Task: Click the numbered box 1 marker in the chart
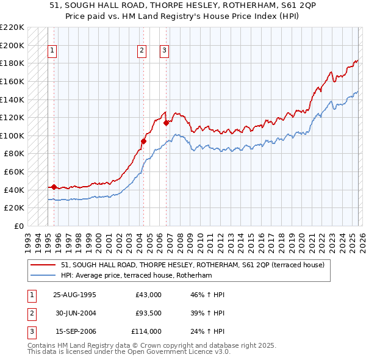pyautogui.click(x=53, y=51)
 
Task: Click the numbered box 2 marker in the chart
pyautogui.click(x=142, y=51)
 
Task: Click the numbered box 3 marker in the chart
pyautogui.click(x=165, y=51)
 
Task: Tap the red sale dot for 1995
pyautogui.click(x=54, y=187)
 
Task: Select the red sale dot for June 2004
pyautogui.click(x=144, y=142)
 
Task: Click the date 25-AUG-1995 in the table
pyautogui.click(x=74, y=295)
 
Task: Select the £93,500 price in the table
pyautogui.click(x=149, y=314)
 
